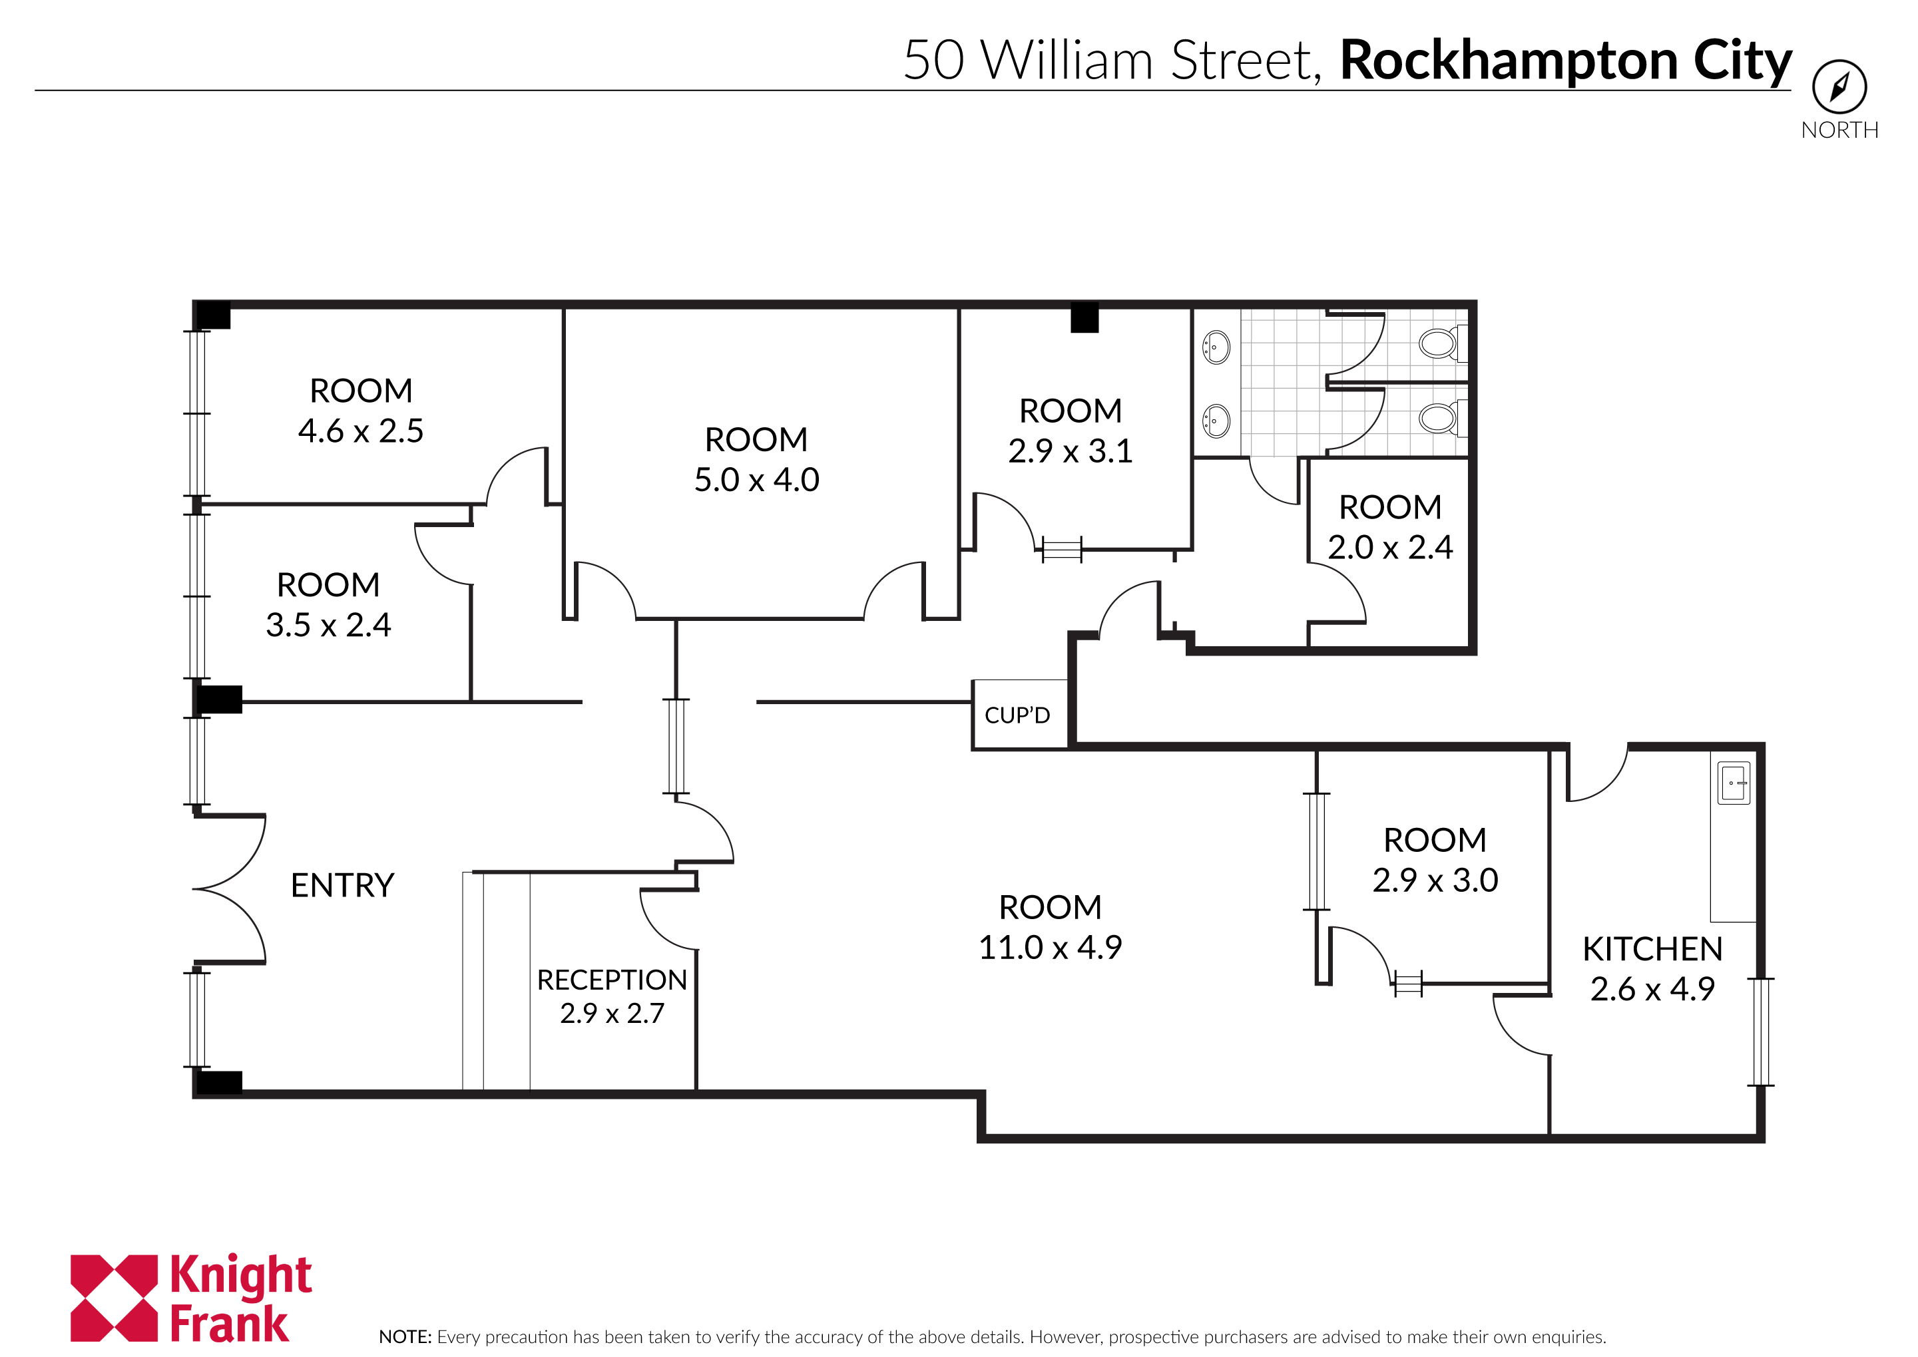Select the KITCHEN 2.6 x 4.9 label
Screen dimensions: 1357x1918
[1652, 968]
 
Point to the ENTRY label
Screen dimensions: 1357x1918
[342, 885]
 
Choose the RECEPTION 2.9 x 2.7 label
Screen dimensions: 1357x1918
[612, 996]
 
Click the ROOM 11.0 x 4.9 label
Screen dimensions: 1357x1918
[1050, 926]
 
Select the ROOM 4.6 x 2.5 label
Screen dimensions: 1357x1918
[361, 410]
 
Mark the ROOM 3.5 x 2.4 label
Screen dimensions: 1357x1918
[328, 604]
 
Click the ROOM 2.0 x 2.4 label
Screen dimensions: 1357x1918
[1390, 526]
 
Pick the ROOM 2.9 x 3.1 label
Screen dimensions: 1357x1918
[1070, 431]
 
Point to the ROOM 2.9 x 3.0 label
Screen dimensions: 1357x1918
[1434, 860]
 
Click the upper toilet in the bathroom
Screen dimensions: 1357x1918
[1438, 343]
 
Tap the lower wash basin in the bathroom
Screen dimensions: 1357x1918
[1216, 421]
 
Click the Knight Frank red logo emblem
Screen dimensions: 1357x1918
[114, 1298]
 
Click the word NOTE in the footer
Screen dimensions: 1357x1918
[403, 1336]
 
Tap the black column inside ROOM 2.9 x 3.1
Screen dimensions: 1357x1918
[1084, 318]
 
